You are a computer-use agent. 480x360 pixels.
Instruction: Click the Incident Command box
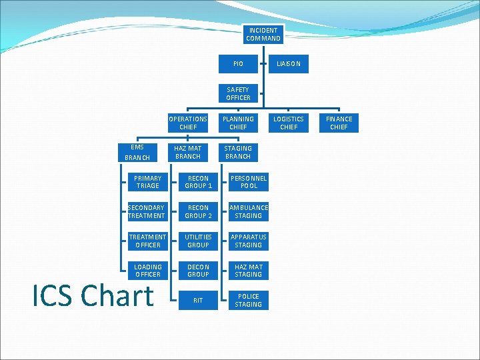tap(263, 35)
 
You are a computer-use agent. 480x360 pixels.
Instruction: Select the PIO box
tap(238, 64)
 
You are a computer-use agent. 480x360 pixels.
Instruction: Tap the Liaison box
tap(289, 64)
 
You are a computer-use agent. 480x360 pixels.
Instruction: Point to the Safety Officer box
tap(238, 94)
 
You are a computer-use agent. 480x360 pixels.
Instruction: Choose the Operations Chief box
tap(188, 123)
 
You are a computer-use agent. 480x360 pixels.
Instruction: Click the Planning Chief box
tap(238, 123)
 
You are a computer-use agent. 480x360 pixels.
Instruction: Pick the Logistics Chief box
tap(289, 123)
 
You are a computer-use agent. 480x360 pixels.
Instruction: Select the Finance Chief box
tap(339, 123)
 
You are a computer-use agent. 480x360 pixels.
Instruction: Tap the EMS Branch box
tap(137, 153)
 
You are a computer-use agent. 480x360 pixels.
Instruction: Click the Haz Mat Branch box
tap(188, 153)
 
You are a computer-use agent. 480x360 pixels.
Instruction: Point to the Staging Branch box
tap(238, 153)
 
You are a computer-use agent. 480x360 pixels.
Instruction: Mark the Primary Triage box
tap(147, 182)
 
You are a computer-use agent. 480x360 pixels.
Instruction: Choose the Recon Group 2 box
tap(198, 212)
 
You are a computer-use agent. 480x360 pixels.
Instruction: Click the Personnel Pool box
tap(249, 182)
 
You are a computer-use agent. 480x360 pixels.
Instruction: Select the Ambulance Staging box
tap(249, 212)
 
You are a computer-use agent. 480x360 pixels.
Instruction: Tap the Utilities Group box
tap(198, 241)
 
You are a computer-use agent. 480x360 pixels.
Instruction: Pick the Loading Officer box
tap(147, 271)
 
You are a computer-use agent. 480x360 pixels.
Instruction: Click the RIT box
tap(198, 301)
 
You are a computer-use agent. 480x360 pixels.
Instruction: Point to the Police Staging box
tap(249, 301)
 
